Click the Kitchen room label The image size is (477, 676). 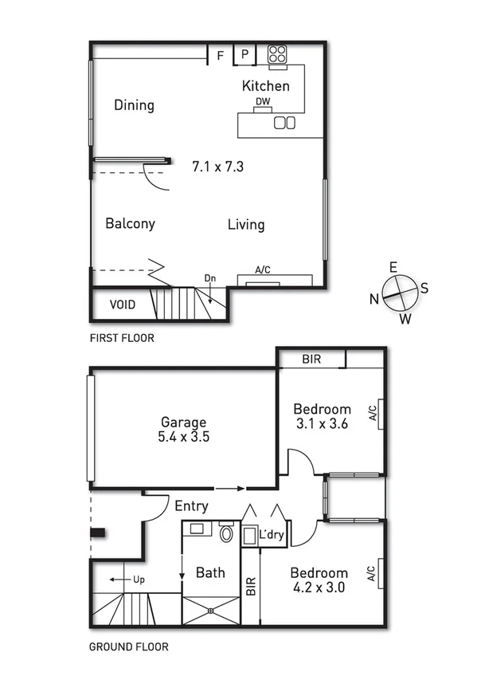266,86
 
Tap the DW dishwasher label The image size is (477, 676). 262,102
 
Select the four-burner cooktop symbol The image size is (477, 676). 277,54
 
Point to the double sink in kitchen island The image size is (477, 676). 285,122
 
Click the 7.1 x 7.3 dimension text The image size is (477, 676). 217,167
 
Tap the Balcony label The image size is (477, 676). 130,224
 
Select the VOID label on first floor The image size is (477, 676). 122,305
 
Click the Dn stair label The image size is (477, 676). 210,278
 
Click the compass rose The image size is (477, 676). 397,293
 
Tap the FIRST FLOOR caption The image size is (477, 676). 122,338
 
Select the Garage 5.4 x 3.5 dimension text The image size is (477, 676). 184,436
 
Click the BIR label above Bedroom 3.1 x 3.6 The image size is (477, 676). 311,360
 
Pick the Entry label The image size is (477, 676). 191,505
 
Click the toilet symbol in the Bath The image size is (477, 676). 227,533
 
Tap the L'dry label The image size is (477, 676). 272,536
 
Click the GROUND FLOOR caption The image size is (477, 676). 128,647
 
